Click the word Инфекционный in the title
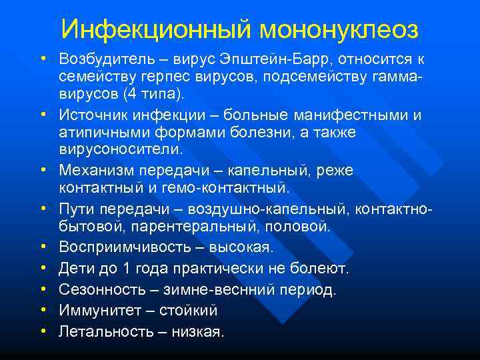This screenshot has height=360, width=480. (155, 29)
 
